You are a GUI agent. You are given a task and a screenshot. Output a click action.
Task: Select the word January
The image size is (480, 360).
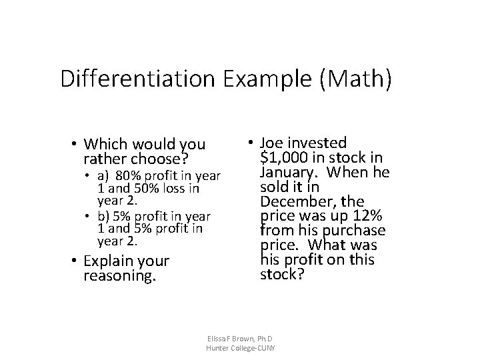(289, 172)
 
